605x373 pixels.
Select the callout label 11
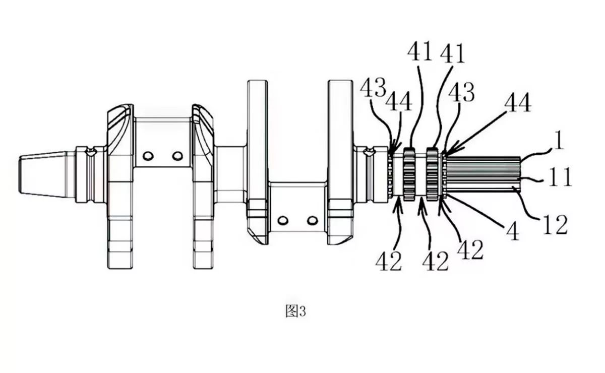pyautogui.click(x=560, y=176)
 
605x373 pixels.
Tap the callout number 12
pyautogui.click(x=555, y=224)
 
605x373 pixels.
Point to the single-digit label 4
pyautogui.click(x=513, y=231)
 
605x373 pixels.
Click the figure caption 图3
pyautogui.click(x=296, y=312)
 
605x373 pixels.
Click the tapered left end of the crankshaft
pyautogui.click(x=43, y=174)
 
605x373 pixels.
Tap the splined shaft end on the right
pyautogui.click(x=483, y=174)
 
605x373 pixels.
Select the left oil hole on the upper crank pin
pyautogui.click(x=148, y=156)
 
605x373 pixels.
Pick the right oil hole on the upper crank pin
pyautogui.click(x=177, y=156)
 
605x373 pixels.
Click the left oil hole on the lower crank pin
pyautogui.click(x=283, y=221)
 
